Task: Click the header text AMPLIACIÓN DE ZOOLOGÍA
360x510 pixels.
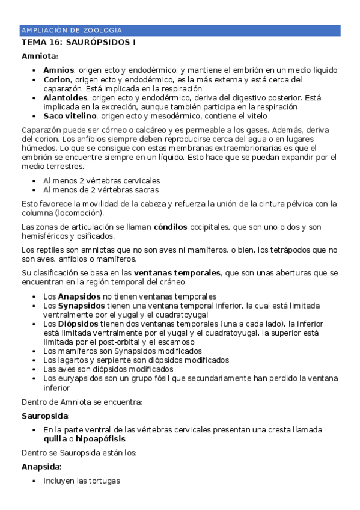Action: click(72, 30)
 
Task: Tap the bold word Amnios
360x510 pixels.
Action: click(59, 70)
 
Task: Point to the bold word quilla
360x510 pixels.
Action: click(55, 439)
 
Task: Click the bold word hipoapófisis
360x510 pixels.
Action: click(100, 439)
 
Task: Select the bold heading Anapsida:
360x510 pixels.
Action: click(42, 467)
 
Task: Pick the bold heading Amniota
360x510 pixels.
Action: click(38, 56)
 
